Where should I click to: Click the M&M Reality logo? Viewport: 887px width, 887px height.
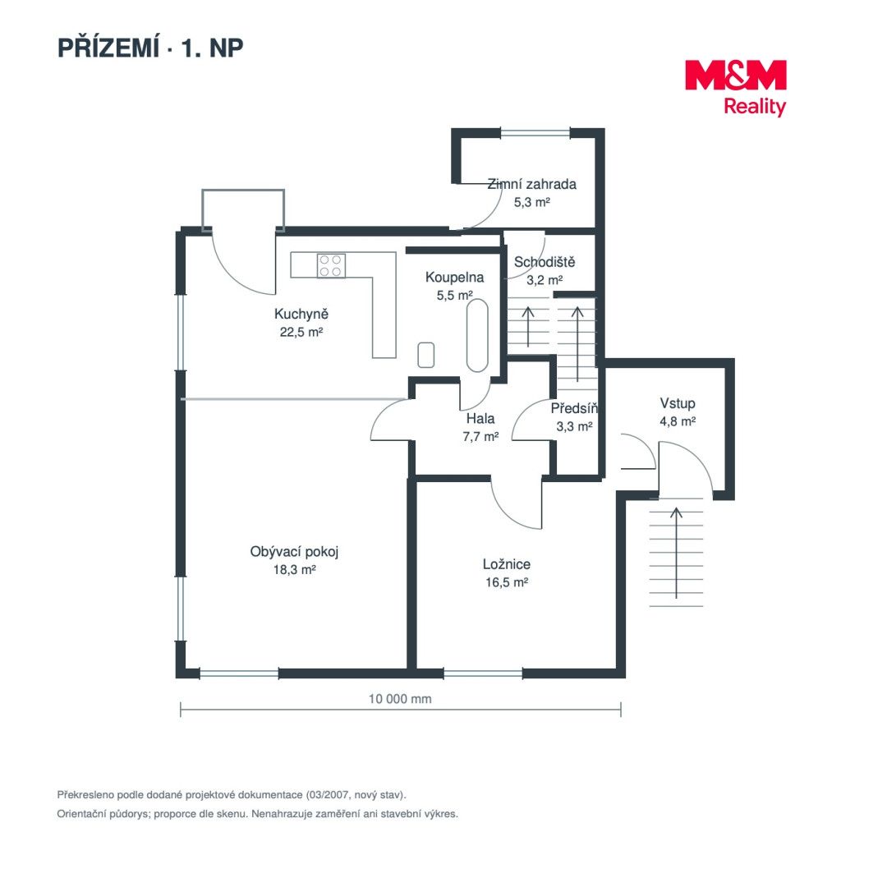tap(735, 88)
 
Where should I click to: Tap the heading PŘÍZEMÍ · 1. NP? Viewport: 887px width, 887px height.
tap(150, 48)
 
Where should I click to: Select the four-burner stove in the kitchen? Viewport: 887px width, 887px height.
tap(331, 265)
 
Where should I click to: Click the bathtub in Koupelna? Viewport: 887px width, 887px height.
tap(477, 335)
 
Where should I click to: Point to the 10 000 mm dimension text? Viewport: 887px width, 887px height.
tap(400, 699)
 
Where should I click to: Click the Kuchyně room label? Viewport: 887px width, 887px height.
tap(301, 314)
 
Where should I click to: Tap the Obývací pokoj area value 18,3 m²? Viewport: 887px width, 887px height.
tap(294, 570)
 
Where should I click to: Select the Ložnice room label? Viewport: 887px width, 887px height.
tap(506, 564)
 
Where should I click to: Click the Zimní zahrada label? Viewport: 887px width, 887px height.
tap(531, 184)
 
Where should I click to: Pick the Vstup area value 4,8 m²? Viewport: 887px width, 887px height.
tap(677, 421)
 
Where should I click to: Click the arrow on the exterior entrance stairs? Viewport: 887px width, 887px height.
tap(676, 553)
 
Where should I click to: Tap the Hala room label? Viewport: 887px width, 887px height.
tap(480, 419)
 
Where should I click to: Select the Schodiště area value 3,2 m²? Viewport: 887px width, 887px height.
tap(545, 280)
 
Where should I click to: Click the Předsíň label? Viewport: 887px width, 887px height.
tap(574, 408)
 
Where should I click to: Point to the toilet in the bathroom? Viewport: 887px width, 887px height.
tap(426, 355)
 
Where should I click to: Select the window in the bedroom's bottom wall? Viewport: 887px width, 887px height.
tap(483, 673)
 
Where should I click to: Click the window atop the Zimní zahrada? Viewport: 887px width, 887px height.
tap(535, 134)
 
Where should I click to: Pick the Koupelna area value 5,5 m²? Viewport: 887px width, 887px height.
tap(454, 296)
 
